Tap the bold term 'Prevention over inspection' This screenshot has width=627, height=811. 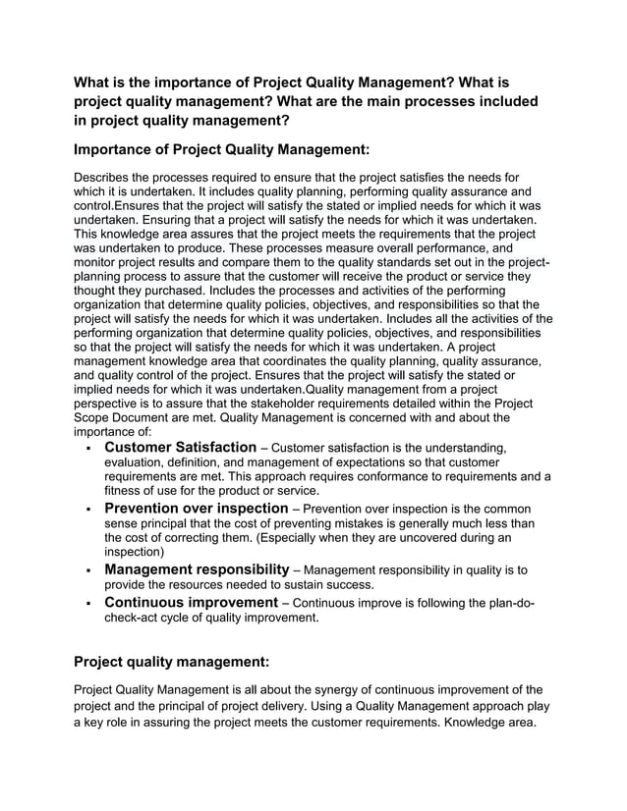[x=197, y=509]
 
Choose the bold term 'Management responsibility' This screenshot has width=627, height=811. [x=197, y=569]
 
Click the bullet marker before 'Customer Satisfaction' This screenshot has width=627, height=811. [x=89, y=450]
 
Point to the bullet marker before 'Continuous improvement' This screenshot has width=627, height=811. [x=89, y=603]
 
